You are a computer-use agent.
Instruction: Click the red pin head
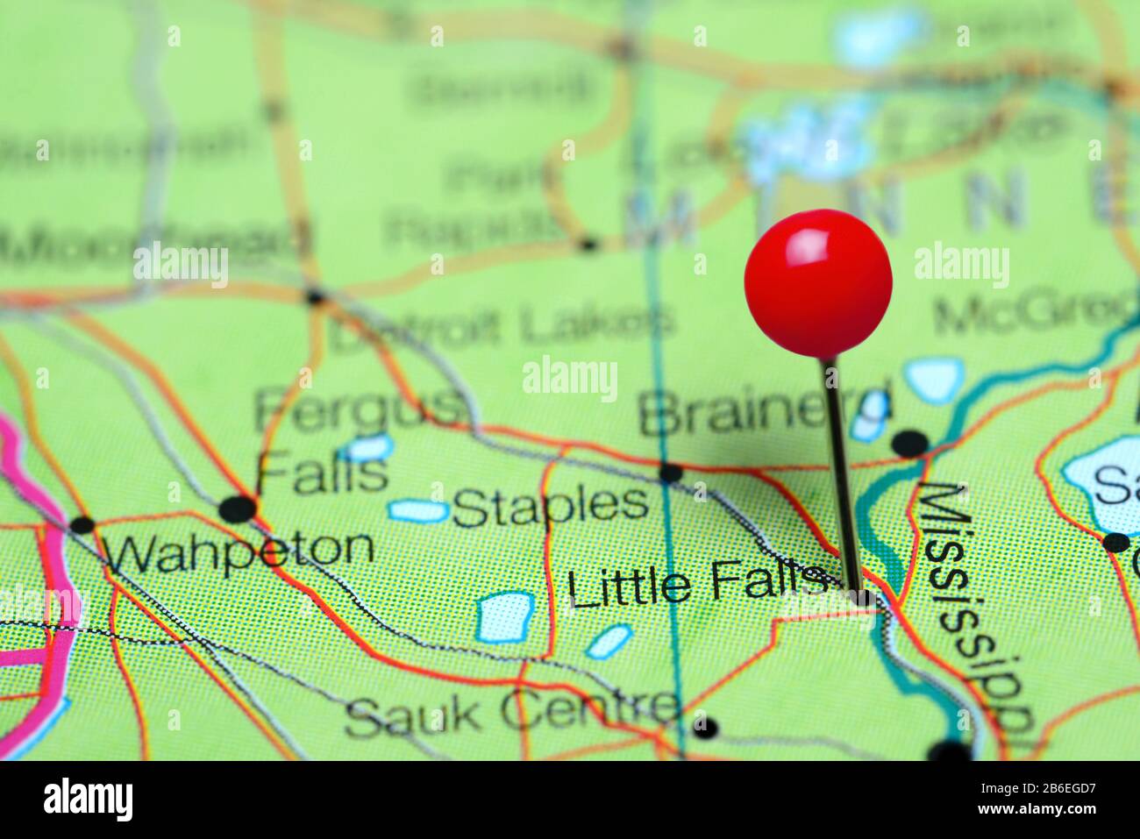point(818,282)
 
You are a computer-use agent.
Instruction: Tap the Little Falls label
point(697,586)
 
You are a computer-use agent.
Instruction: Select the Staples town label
point(551,507)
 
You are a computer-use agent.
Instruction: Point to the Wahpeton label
point(237,550)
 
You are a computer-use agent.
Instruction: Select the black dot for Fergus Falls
point(238,508)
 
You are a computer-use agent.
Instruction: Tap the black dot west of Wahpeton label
point(82,526)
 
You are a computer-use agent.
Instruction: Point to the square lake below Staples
point(507,617)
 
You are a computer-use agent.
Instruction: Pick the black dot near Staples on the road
point(671,473)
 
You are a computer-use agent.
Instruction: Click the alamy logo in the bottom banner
point(89,799)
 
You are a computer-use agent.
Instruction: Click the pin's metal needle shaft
point(840,473)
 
